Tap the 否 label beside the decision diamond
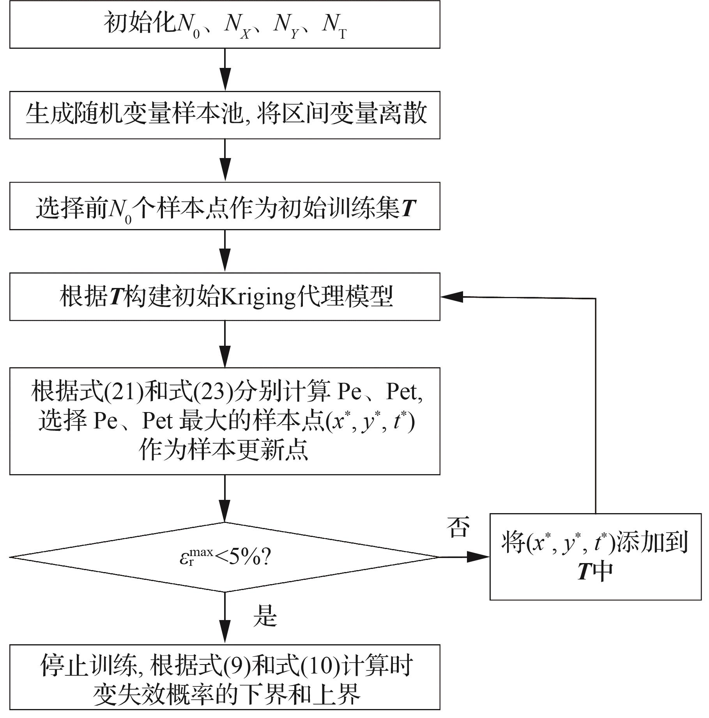(458, 528)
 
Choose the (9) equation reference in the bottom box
(237, 666)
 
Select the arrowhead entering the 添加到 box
(479, 557)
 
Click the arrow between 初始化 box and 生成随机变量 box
(225, 70)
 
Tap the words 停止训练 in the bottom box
(90, 666)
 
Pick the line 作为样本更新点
(223, 450)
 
